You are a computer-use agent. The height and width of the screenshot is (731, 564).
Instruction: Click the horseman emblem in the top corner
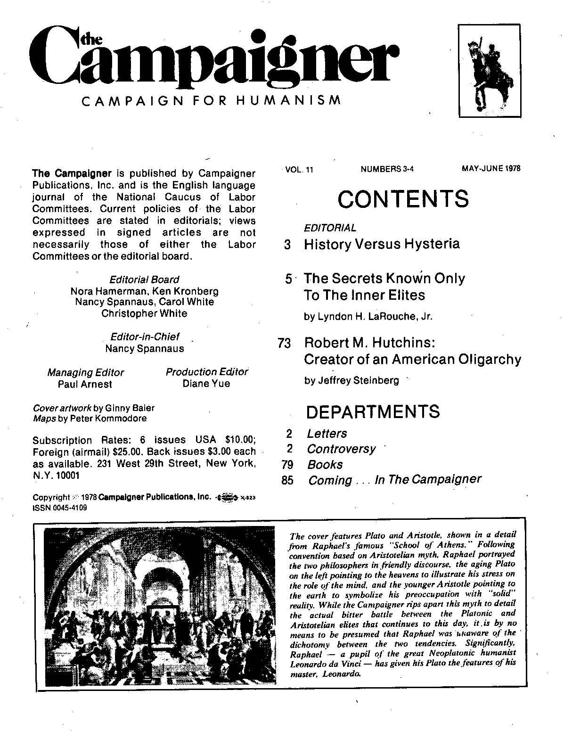coord(490,71)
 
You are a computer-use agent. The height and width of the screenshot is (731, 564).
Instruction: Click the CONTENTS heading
coord(403,199)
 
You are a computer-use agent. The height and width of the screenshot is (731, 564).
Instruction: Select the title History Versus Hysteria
coord(382,244)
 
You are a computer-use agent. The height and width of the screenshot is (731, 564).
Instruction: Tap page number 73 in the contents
coord(285,344)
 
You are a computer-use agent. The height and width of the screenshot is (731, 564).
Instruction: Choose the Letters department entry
coord(327,434)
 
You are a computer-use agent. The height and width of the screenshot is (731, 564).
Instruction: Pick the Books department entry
coord(325,465)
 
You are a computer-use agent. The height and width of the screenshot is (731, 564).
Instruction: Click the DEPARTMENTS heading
coord(373,411)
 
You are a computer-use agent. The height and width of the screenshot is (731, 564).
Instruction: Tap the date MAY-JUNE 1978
coord(491,169)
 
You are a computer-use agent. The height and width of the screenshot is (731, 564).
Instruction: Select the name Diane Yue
coord(206,384)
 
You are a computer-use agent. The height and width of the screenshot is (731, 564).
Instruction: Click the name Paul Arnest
coord(85,384)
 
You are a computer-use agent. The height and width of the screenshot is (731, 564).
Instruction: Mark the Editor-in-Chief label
coord(145,337)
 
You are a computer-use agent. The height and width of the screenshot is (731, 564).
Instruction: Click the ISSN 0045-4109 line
coord(59,508)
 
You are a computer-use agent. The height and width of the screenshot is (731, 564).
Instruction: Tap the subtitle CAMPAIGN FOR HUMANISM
coord(211,101)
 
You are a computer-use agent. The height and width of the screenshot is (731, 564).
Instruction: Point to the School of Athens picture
coord(158,606)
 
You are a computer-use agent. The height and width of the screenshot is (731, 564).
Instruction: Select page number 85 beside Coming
coord(287,480)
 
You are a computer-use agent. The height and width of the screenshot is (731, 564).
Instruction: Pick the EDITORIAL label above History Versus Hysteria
coord(330,228)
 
